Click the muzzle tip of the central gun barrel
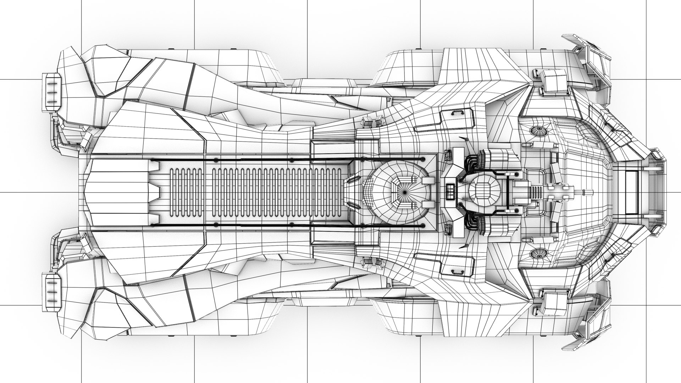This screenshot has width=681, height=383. pos(591,193)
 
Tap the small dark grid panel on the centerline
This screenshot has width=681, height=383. pos(451,192)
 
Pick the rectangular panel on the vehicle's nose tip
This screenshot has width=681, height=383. pos(629,193)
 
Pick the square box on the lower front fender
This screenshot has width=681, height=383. pos(553,304)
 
